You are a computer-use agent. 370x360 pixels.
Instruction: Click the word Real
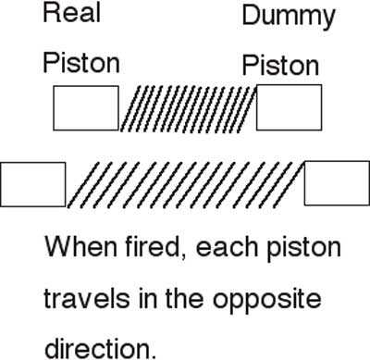(72, 13)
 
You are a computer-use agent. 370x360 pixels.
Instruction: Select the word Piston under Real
(81, 63)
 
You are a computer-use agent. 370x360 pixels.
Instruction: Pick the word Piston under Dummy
(280, 66)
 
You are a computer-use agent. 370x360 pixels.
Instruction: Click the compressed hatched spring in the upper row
(188, 109)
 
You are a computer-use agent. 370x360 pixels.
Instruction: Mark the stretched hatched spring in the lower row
(185, 184)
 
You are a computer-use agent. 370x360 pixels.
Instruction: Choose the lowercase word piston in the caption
(303, 249)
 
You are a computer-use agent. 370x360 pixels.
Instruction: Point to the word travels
(87, 298)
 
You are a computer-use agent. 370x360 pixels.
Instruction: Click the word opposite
(267, 301)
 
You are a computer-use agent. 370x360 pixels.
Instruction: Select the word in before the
(148, 298)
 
